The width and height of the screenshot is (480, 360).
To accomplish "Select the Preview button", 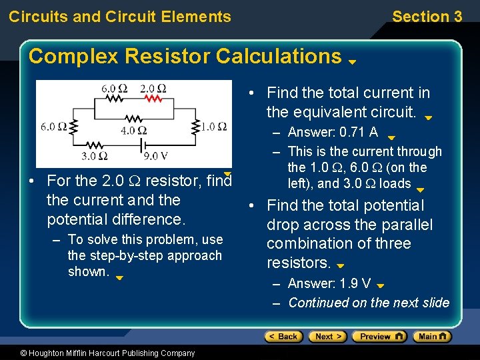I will [378, 337].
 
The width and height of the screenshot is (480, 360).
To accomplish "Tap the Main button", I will [432, 337].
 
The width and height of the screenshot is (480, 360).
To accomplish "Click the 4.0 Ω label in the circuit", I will [133, 131].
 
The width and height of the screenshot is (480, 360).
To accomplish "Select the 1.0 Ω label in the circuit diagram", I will [213, 126].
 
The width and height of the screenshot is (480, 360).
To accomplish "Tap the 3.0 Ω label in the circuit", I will [93, 156].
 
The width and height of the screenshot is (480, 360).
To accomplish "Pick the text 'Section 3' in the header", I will [427, 17].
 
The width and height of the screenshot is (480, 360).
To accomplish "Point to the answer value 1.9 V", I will [355, 283].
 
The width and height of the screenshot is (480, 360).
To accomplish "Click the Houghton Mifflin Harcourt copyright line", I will [98, 353].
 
